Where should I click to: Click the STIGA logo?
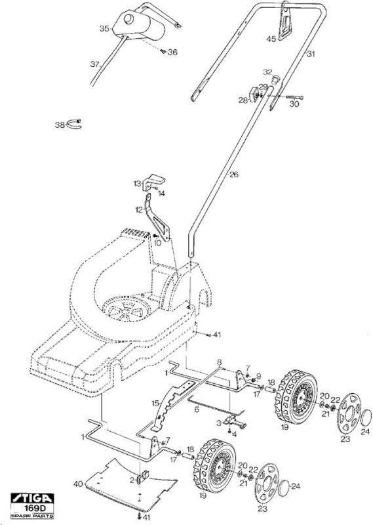coord(32,499)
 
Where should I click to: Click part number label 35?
coord(104,29)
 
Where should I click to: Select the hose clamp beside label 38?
coord(74,123)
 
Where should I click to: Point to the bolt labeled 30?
coord(294,97)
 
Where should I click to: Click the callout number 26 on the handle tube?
coord(234,175)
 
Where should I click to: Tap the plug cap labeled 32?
coord(275,79)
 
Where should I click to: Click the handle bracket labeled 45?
coord(285,21)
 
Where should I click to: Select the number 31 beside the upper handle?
coord(311,54)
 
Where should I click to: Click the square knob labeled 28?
coord(254,94)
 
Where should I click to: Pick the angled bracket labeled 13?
coord(153,182)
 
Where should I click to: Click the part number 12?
coord(139,210)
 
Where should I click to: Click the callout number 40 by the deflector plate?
coord(78,484)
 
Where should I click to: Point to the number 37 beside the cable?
coord(95,64)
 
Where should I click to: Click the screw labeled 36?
coord(164,51)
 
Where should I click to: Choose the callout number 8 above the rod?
coord(220,362)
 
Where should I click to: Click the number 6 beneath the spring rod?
coord(197,409)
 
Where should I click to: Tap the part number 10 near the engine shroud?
coord(157,243)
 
